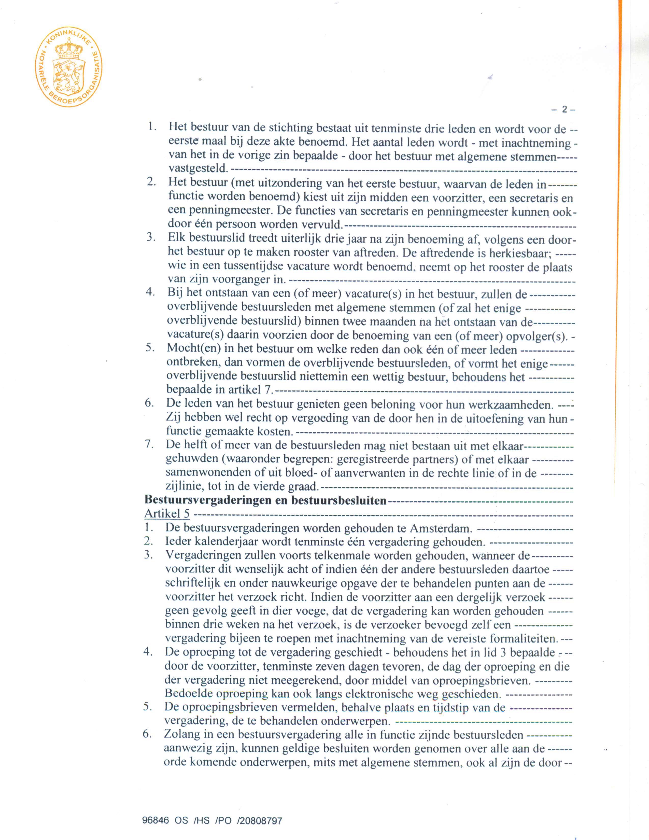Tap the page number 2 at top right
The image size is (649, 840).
tap(564, 109)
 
